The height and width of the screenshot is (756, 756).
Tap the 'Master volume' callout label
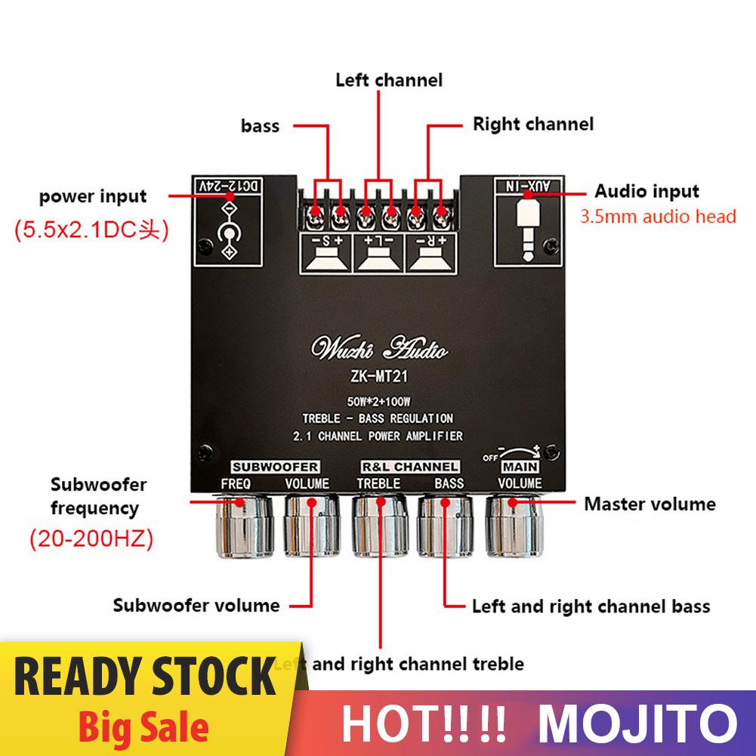(650, 503)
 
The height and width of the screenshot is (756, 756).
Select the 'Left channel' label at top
(389, 79)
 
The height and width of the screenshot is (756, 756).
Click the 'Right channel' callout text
(533, 124)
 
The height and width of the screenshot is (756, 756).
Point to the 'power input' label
(93, 197)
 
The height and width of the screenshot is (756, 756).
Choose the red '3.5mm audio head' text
(657, 218)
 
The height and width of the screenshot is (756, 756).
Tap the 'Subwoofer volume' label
(196, 605)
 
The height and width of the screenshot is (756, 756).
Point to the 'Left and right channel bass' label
(591, 606)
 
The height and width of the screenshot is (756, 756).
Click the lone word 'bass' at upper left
(260, 125)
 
